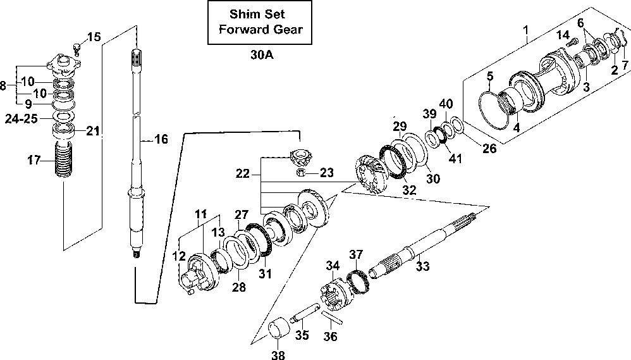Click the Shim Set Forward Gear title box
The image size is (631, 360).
tap(260, 22)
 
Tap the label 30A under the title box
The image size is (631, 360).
tap(262, 55)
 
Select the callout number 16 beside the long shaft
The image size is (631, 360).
tap(161, 139)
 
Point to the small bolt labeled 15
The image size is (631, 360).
tap(78, 48)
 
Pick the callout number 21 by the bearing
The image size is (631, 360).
tap(93, 131)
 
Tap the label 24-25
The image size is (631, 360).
tap(21, 119)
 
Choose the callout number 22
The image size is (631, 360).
tap(243, 173)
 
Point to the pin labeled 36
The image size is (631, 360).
tap(331, 316)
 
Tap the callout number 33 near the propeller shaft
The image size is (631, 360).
tap(422, 266)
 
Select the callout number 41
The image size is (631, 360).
tap(455, 158)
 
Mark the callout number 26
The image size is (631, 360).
tap(489, 148)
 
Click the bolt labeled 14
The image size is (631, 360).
tap(572, 41)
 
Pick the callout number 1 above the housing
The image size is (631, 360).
tap(525, 29)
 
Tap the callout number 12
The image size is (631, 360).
tap(179, 256)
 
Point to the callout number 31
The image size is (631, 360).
tap(265, 274)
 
